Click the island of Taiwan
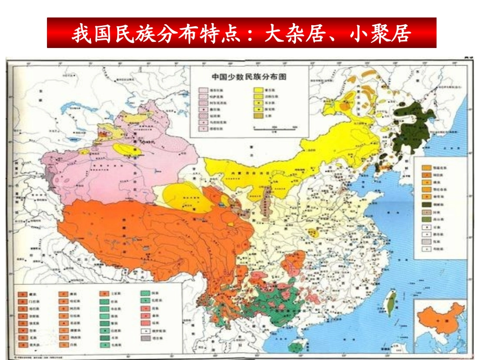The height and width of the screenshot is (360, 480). (x=391, y=303)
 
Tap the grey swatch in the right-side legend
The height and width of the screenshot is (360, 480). (x=425, y=242)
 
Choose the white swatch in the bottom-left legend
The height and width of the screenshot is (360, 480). (x=143, y=331)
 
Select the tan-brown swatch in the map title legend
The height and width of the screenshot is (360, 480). (x=258, y=115)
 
